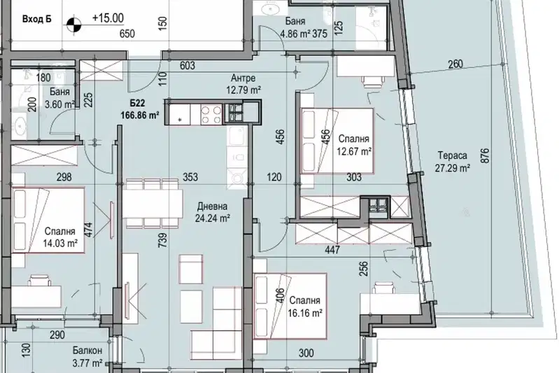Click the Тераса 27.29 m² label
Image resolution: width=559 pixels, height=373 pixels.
(x=453, y=162)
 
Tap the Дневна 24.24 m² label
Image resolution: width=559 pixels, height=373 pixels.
(x=212, y=212)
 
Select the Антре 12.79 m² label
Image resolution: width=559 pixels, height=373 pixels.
(x=243, y=84)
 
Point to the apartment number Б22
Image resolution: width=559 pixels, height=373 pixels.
(x=138, y=104)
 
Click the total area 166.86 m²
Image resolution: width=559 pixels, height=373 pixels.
(x=140, y=115)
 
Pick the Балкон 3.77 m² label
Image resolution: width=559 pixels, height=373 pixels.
(x=87, y=357)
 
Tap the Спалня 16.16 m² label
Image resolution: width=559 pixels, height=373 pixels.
(x=305, y=307)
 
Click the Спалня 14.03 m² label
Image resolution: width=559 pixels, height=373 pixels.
(x=60, y=237)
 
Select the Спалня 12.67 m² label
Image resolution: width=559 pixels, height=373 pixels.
(x=354, y=145)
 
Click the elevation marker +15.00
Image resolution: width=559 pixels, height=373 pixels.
(x=108, y=17)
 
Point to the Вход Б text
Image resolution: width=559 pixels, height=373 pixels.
(x=36, y=19)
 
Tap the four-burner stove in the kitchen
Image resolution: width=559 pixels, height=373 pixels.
(x=211, y=114)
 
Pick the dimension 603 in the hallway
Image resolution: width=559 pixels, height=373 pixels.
(x=187, y=66)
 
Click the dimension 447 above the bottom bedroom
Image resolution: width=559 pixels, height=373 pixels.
(x=332, y=251)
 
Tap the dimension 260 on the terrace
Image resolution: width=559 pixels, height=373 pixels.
(x=455, y=64)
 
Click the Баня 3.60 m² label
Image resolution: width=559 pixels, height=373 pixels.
(x=59, y=98)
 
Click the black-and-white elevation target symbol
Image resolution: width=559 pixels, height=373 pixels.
(x=73, y=25)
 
